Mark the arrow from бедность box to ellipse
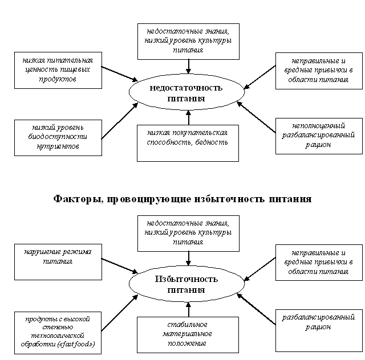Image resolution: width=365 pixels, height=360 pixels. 189,118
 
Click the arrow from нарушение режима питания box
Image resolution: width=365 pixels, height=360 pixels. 120,265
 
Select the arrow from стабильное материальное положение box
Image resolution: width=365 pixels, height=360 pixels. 189,309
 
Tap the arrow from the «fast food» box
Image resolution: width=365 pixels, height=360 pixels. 120,313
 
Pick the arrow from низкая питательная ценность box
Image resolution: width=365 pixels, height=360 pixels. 120,74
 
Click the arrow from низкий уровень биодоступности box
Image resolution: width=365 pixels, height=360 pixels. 120,121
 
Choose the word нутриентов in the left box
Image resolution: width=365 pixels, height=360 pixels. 58,146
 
